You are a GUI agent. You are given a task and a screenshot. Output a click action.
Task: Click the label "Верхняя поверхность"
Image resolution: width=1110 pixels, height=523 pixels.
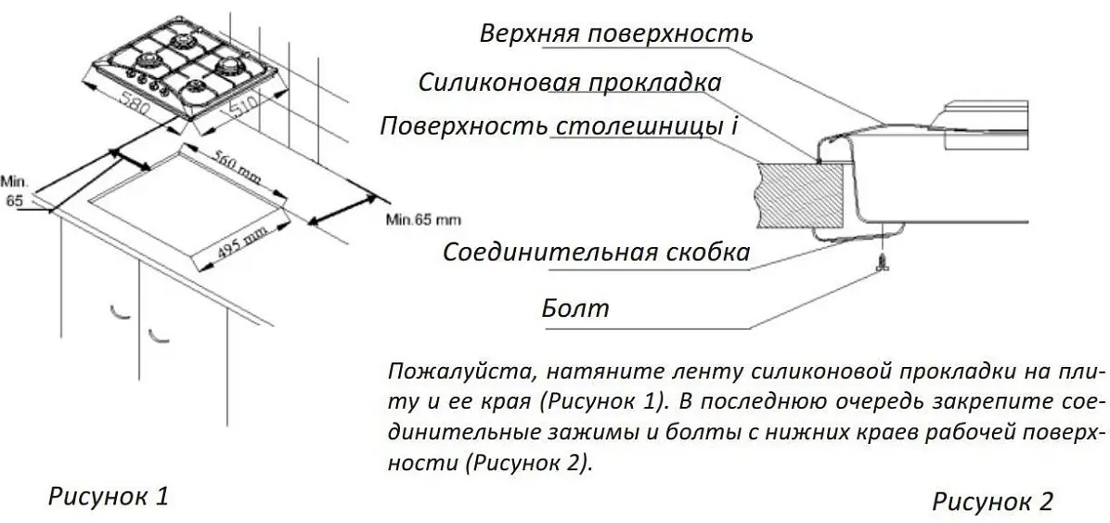point(615,34)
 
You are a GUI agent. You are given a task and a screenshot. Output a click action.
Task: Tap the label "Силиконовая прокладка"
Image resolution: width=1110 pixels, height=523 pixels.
point(570,83)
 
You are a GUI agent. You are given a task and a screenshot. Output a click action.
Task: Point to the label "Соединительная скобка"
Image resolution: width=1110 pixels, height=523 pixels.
point(595,253)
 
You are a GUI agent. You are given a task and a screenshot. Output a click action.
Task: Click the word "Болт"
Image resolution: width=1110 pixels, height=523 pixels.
point(575,308)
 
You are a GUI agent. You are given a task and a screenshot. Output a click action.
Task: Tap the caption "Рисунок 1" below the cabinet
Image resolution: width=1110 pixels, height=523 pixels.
point(109,497)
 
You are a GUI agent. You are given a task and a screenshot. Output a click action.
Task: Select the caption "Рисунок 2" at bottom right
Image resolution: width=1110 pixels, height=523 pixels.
point(992,502)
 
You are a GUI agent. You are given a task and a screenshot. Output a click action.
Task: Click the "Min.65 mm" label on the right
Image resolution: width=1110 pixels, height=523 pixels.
point(422,219)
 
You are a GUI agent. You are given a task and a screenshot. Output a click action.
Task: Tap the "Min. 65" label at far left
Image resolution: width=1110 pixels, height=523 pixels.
point(14,190)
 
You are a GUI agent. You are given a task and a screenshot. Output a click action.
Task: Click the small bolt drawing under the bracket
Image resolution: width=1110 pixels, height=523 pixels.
point(881,263)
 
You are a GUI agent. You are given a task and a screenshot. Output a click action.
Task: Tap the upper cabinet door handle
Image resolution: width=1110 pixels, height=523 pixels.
point(121,311)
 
